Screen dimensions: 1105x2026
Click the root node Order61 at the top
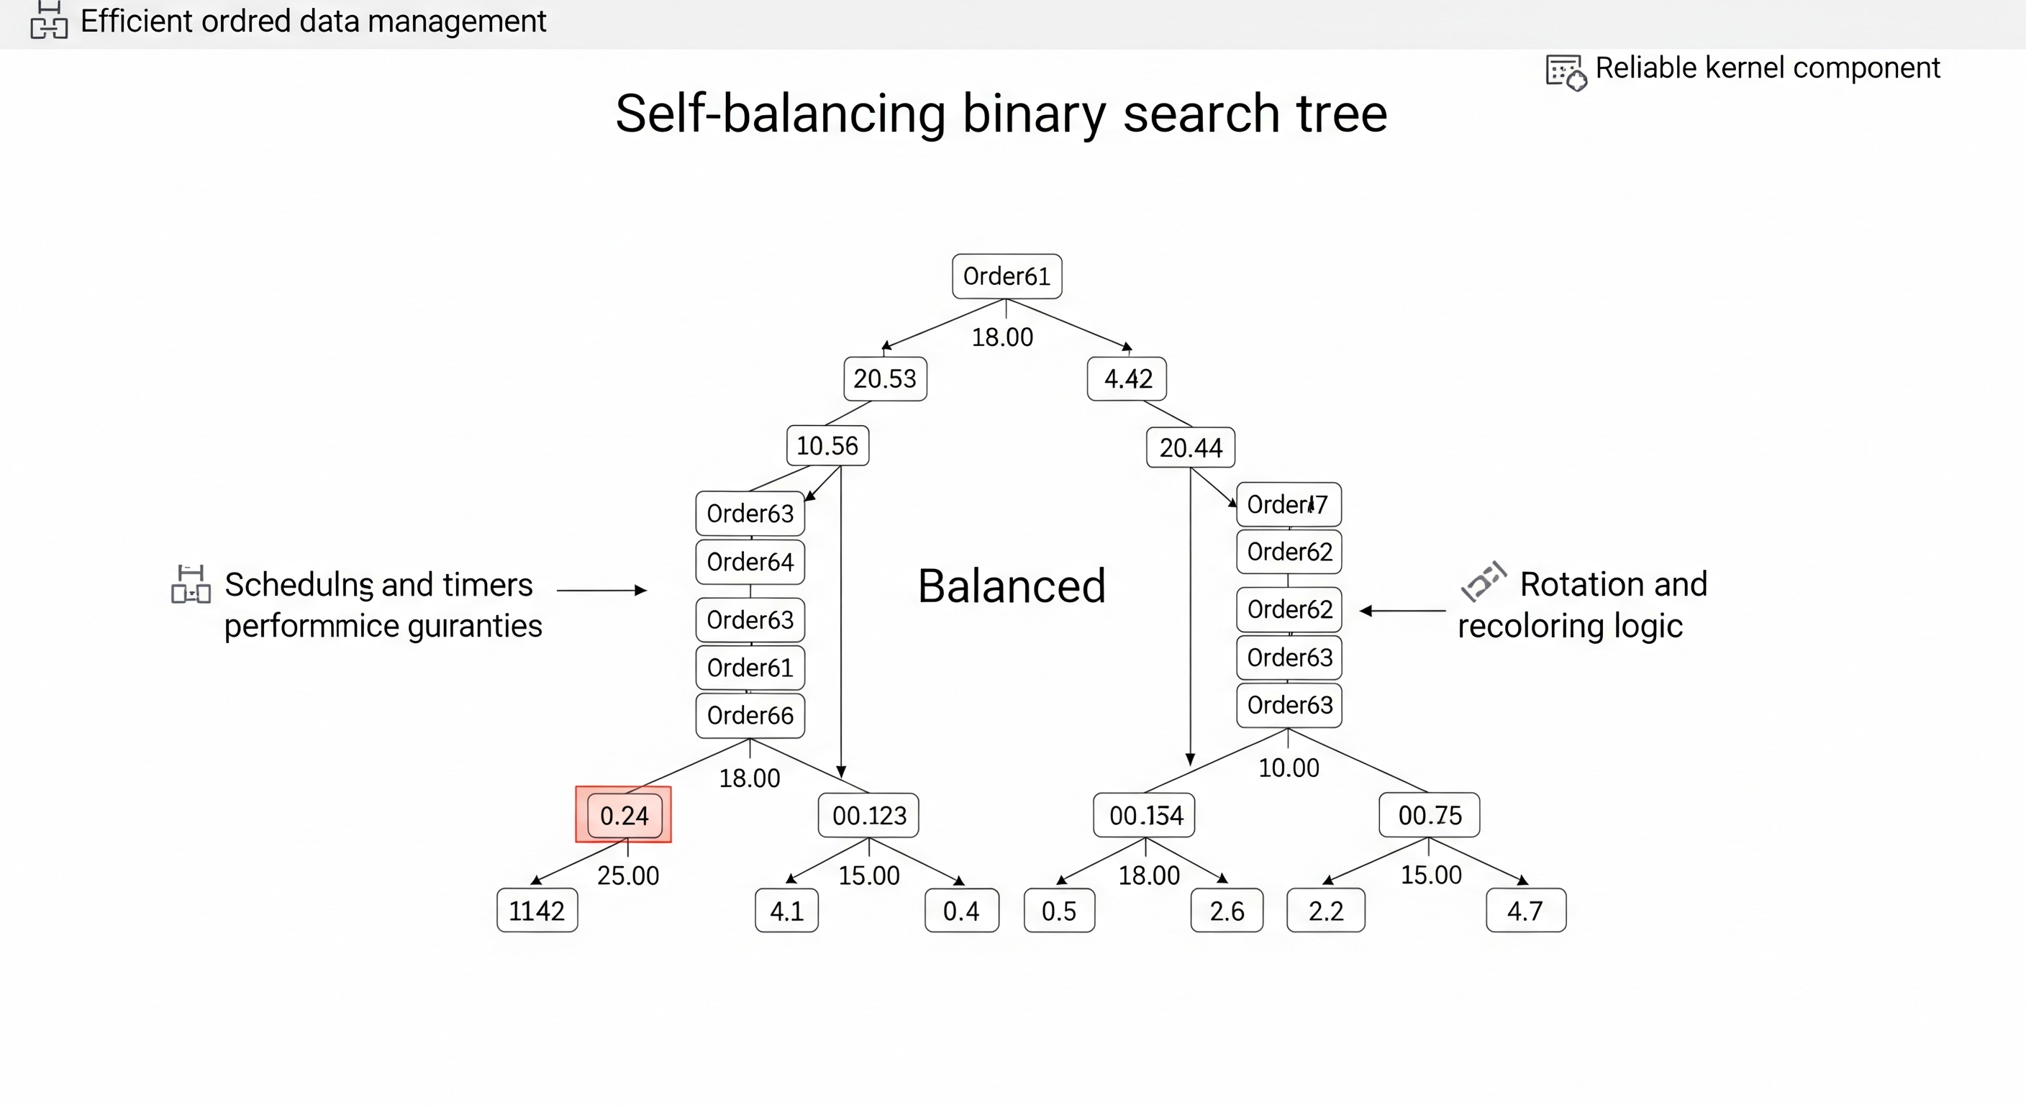[1007, 276]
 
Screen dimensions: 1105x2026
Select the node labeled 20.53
[885, 379]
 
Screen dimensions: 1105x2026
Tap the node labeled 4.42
[1127, 379]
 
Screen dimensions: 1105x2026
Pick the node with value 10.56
[827, 446]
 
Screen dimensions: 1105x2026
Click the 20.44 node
[1190, 447]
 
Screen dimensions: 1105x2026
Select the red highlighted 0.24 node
[624, 815]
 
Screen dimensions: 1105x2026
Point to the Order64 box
[750, 562]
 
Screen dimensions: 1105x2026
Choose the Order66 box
[750, 715]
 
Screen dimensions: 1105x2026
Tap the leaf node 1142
[537, 911]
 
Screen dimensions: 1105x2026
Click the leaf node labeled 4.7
[1525, 911]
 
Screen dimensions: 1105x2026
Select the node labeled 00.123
[868, 816]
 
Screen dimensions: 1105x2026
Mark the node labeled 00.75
[1429, 816]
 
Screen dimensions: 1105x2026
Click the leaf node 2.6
[1226, 911]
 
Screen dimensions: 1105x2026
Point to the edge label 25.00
[627, 876]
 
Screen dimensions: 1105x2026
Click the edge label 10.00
[1289, 768]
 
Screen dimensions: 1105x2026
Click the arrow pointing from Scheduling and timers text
[601, 590]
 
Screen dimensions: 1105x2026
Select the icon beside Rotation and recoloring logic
[1483, 581]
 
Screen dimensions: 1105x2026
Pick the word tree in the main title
[1342, 114]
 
